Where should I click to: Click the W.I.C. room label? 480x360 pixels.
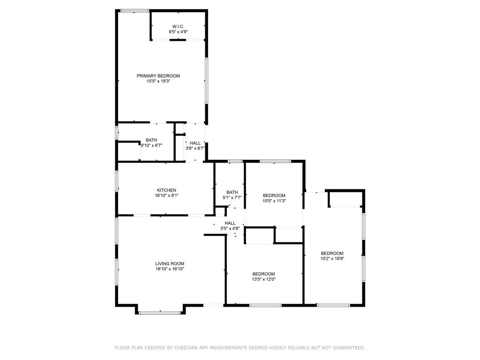tap(178, 26)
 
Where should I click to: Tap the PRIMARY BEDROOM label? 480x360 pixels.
tap(158, 76)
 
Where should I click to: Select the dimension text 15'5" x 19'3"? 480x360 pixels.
tap(158, 81)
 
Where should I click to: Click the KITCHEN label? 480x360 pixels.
tap(153, 190)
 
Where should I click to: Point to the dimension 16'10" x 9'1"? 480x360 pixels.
tap(153, 195)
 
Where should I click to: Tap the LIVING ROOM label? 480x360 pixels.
tap(170, 263)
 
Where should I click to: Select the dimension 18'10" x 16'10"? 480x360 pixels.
tap(170, 269)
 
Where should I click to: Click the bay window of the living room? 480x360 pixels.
tap(160, 312)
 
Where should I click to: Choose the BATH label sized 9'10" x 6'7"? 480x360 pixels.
tap(151, 140)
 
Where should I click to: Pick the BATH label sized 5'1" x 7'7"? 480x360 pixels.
tap(232, 192)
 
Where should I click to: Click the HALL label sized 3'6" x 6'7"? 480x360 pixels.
tap(195, 143)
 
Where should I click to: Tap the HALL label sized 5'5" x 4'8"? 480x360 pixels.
tap(230, 223)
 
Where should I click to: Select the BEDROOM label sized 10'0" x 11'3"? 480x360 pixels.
tap(274, 195)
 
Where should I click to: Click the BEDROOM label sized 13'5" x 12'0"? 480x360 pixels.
tap(263, 274)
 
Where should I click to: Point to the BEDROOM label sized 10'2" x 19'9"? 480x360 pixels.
tap(332, 253)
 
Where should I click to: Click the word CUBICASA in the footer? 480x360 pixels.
tap(187, 348)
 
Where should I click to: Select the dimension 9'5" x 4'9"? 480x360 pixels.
tap(178, 32)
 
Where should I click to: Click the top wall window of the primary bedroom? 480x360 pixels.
tap(135, 10)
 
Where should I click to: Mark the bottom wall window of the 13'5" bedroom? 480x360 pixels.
tap(265, 306)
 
